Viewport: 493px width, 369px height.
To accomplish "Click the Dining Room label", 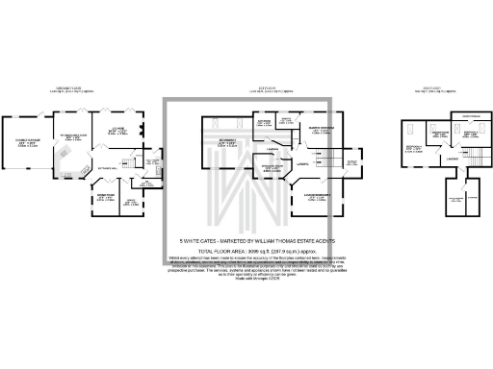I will pos(105,196).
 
